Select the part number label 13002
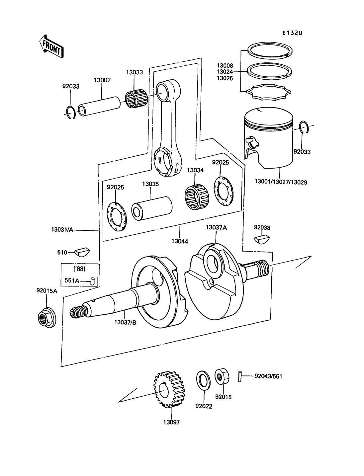[102, 80]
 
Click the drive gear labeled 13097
[170, 389]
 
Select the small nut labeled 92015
[222, 376]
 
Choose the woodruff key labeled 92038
[262, 239]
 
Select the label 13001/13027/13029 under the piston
[281, 182]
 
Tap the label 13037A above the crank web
[216, 227]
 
